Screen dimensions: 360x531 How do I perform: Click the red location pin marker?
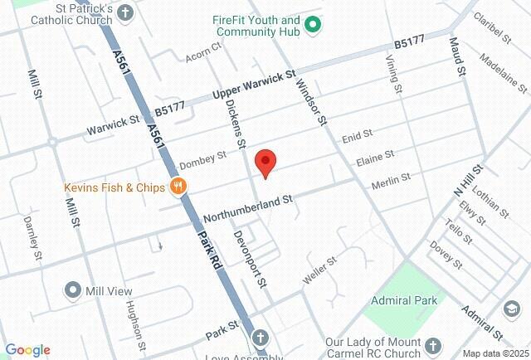click(265, 162)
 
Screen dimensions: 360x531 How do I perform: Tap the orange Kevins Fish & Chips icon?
click(177, 187)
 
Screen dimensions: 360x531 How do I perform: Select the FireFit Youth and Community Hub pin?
click(313, 26)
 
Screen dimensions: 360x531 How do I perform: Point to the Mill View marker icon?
click(72, 291)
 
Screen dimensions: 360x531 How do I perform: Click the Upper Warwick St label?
click(254, 84)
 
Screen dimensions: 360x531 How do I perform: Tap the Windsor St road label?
click(313, 96)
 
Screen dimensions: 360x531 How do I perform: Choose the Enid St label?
click(358, 134)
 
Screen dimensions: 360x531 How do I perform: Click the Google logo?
click(27, 350)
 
